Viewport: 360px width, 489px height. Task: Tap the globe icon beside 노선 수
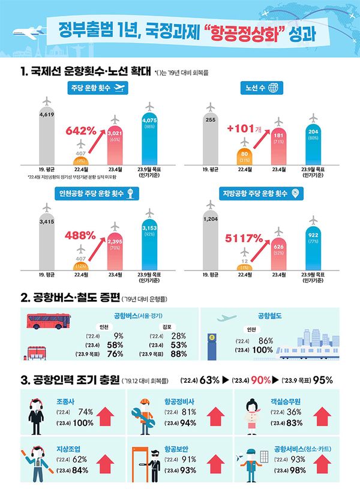coord(274,88)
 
